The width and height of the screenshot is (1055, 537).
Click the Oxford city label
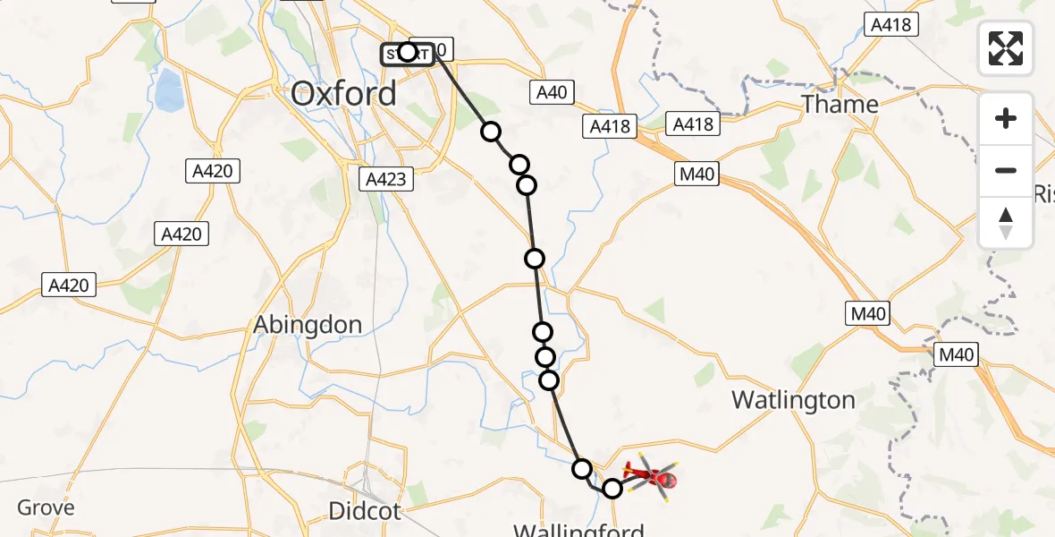point(344,93)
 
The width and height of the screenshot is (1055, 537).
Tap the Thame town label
point(840,105)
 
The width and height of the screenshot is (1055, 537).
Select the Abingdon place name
point(308,324)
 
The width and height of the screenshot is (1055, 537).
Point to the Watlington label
point(793,400)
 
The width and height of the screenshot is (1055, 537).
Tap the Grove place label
point(46,507)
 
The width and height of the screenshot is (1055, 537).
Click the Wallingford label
point(578,530)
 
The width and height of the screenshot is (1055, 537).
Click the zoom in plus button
point(1006,118)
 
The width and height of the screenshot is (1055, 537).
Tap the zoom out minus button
point(1006,170)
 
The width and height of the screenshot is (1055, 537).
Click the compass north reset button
point(1006,223)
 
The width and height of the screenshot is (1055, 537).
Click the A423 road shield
point(386,179)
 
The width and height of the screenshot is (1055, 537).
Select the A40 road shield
point(551,92)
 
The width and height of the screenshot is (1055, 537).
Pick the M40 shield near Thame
point(696,174)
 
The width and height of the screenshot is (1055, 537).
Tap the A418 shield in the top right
point(890,25)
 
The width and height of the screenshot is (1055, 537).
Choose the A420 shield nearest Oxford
point(212,171)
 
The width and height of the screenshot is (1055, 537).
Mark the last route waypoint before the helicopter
point(612,489)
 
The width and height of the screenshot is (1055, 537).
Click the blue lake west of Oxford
point(167,90)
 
